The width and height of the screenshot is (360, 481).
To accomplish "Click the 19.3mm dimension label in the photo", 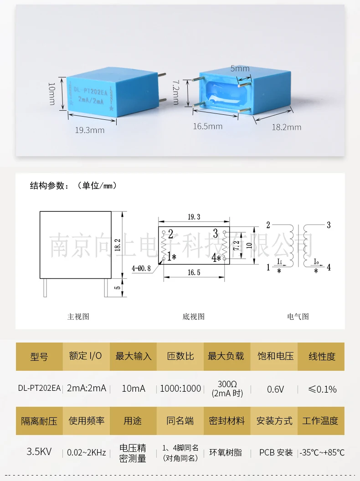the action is (x=90, y=130).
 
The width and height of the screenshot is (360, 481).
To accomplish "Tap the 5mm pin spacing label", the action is (x=240, y=68).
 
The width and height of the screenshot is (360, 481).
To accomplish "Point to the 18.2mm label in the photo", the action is (x=287, y=127).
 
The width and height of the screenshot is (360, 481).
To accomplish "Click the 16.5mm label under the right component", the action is (x=207, y=126).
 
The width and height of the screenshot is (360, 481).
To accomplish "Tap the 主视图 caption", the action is (x=78, y=317).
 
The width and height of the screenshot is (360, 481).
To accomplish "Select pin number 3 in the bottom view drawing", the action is (x=216, y=234).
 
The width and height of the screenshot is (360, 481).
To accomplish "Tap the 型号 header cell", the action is (x=39, y=356).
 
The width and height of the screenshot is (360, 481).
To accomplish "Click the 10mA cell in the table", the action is (x=133, y=389).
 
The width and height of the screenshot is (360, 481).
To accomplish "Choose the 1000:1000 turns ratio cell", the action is (x=180, y=389).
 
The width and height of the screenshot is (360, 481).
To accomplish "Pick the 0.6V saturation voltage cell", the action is (x=275, y=389).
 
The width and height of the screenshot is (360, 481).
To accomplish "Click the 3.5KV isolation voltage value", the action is (x=39, y=452).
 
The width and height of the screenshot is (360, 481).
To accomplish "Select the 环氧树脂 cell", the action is (x=226, y=453).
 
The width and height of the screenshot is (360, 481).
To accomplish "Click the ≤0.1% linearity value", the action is (x=322, y=389).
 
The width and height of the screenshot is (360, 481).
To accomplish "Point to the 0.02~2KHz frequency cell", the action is (x=86, y=453).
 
